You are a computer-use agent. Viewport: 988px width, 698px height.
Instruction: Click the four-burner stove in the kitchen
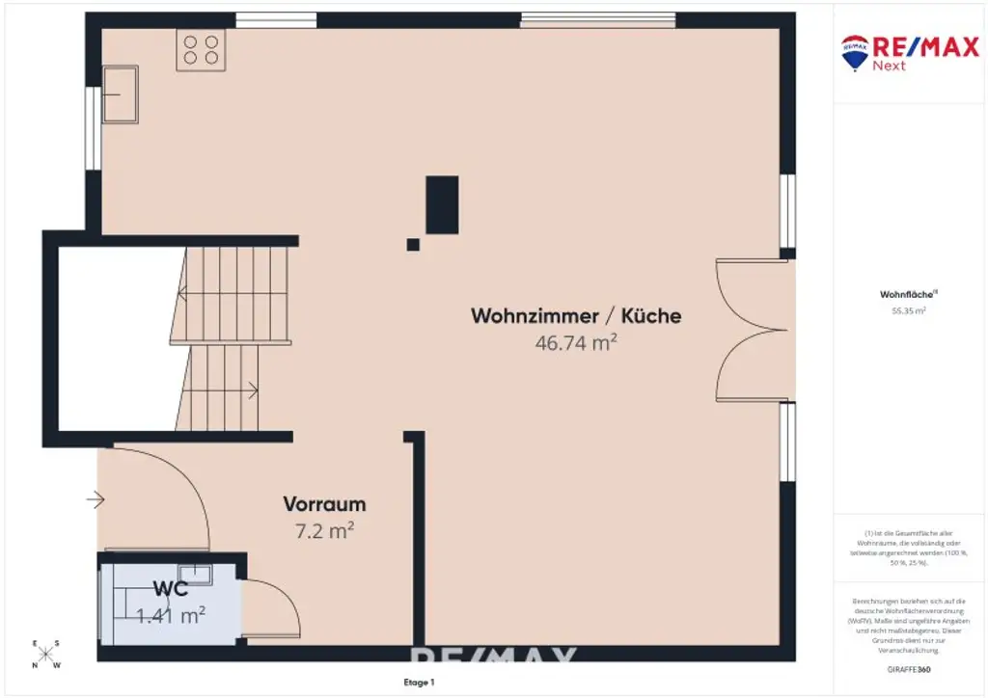[x=201, y=49]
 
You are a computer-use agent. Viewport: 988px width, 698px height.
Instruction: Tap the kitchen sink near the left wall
[x=120, y=94]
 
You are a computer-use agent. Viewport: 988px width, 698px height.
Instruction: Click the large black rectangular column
[x=442, y=204]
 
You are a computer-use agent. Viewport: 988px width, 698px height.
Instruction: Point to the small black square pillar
[x=413, y=245]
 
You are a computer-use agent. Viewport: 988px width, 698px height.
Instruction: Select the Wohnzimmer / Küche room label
[x=576, y=315]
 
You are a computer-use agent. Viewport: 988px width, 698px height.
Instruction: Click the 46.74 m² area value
[x=576, y=341]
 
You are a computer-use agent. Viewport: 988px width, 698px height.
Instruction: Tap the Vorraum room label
[x=324, y=503]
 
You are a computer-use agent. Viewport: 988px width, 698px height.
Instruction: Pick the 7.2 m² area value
[x=324, y=528]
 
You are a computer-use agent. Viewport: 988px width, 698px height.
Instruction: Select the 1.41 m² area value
[x=172, y=613]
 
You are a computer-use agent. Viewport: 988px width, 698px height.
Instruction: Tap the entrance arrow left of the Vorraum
[x=95, y=499]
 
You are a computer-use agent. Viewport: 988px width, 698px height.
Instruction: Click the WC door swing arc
[x=275, y=605]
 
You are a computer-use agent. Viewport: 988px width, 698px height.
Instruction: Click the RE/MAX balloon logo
[x=855, y=52]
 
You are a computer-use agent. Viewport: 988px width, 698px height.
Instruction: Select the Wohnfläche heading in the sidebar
[x=902, y=295]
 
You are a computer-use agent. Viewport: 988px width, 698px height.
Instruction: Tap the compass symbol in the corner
[x=46, y=654]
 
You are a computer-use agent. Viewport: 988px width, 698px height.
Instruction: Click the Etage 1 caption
[x=420, y=683]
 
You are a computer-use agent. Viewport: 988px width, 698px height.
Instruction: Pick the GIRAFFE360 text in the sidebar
[x=908, y=668]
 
